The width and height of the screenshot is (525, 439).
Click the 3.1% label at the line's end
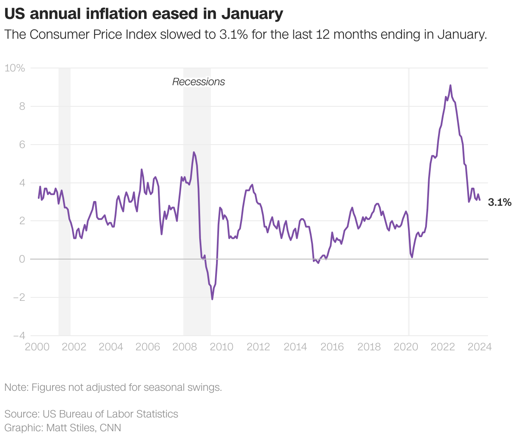coord(500,202)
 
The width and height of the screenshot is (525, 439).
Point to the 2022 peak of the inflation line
coord(450,85)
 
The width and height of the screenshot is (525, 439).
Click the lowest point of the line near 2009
coord(212,299)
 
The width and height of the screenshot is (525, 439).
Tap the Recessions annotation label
coord(198,82)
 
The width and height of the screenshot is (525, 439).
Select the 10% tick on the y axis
coord(15,68)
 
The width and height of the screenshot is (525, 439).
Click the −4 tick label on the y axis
coord(19,336)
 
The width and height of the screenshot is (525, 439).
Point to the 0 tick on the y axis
coord(22,259)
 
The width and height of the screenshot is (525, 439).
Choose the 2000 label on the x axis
coord(37,347)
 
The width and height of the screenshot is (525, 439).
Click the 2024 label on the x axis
coord(480,347)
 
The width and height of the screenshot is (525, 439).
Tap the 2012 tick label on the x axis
coord(258,347)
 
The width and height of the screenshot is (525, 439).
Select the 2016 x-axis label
coord(332,347)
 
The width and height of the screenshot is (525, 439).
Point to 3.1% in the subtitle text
coord(233,34)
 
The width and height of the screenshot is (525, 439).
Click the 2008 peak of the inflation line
coord(194,152)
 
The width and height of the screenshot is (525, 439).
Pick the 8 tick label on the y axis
coord(22,106)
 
